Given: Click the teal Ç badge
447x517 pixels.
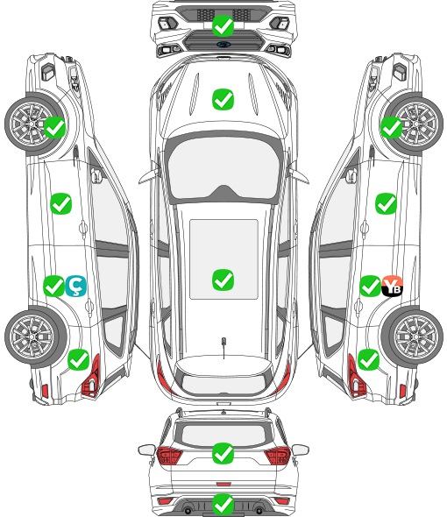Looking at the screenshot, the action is tap(76, 287).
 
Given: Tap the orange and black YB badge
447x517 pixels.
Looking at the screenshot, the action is tap(392, 287).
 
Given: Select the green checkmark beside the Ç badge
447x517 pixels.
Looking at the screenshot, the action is tap(53, 287).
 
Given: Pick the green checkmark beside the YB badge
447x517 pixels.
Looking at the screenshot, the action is tap(370, 287).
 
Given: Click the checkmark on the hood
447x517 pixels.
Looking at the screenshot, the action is tap(223, 99).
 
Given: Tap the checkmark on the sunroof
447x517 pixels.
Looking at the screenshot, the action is tap(223, 280).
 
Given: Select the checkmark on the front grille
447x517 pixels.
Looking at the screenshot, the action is tap(223, 25).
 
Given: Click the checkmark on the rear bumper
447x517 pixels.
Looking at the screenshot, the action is tap(223, 504).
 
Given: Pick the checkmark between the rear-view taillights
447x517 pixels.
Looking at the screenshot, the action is tap(223, 453).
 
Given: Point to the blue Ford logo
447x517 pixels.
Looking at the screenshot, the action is tap(223, 44).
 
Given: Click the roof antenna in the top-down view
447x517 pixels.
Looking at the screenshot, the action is tap(223, 347).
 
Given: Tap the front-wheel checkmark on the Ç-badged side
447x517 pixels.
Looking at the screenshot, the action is tap(54, 128).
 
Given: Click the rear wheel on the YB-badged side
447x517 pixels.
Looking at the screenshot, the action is tap(412, 336).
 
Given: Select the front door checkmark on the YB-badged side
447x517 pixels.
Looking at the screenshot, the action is tap(386, 204).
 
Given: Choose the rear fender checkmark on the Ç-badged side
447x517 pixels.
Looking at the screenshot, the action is tap(79, 359).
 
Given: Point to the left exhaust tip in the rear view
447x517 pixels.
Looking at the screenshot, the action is tap(188, 509).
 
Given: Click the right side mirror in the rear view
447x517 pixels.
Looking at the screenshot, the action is tap(300, 450).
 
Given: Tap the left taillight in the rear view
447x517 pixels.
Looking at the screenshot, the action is tap(169, 455).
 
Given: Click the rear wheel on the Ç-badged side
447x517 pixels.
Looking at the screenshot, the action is tap(36, 336).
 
